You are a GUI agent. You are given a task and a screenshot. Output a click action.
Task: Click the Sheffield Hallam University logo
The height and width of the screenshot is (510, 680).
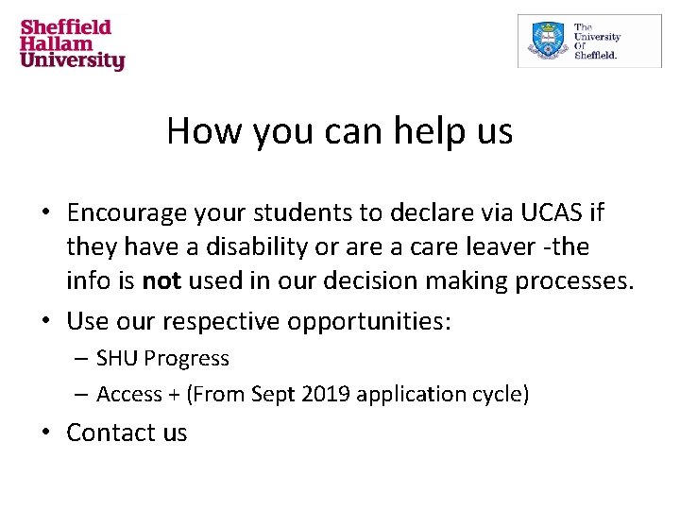[x=73, y=44]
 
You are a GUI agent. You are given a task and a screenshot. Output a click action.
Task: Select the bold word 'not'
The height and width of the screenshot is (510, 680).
[x=161, y=281]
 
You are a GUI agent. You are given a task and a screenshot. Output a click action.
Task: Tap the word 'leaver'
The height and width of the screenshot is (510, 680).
[x=509, y=247]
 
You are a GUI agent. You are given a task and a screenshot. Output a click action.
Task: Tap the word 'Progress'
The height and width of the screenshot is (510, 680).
[x=186, y=359]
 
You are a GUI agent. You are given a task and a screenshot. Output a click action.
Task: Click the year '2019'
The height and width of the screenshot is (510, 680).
[x=317, y=394]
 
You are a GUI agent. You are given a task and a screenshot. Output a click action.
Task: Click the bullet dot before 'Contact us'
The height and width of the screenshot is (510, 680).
[x=46, y=433]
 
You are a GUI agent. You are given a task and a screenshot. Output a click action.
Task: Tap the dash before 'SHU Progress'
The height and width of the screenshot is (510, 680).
[x=82, y=359]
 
